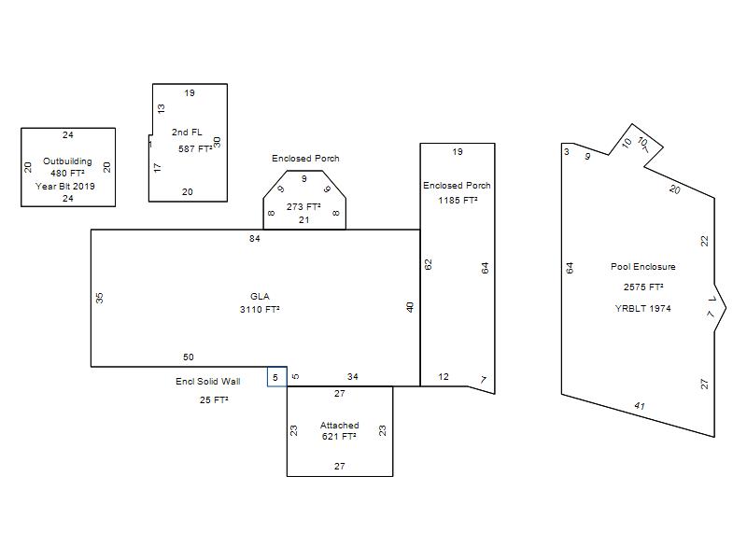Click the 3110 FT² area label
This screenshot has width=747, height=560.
[x=260, y=310]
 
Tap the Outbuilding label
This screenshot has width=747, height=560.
[x=67, y=161]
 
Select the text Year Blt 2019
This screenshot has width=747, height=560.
[x=65, y=186]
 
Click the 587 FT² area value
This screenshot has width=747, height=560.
[x=195, y=149]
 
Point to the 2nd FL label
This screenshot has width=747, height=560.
[x=187, y=133]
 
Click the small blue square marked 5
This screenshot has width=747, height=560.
[x=276, y=377]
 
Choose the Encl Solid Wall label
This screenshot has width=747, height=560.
[x=207, y=382]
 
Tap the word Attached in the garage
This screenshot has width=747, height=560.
[x=339, y=426]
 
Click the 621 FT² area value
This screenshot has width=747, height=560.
[x=339, y=437]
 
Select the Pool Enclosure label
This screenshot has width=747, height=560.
[x=643, y=267]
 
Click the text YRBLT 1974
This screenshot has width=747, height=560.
[x=643, y=309]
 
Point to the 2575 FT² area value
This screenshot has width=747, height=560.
[x=643, y=287]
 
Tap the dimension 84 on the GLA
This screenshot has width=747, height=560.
[x=255, y=239]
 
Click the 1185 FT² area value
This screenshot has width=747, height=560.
[x=458, y=201]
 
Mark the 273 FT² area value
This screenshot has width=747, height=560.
[x=303, y=206]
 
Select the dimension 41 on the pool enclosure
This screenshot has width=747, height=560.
[x=640, y=406]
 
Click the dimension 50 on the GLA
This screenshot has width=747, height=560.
[x=189, y=357]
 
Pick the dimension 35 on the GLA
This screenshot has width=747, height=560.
[x=100, y=298]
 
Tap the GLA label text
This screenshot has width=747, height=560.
[x=260, y=297]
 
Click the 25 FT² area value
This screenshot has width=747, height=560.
[x=214, y=400]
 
